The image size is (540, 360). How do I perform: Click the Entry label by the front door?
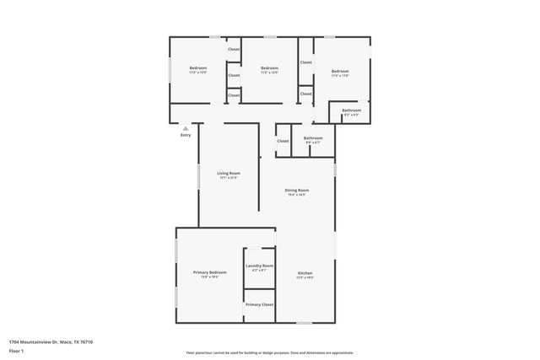[x=186, y=135]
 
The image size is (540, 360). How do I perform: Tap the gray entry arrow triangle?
[x=186, y=128]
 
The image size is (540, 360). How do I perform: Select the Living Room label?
[x=229, y=173]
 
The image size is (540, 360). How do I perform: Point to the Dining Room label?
[x=296, y=191]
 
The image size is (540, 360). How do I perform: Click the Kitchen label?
[x=305, y=273]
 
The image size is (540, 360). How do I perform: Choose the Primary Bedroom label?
[x=209, y=272]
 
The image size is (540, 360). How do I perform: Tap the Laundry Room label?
[x=259, y=266]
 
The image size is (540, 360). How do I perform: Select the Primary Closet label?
[x=259, y=304]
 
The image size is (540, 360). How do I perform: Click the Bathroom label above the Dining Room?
[x=313, y=137]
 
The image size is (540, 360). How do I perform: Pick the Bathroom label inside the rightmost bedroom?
[x=352, y=110]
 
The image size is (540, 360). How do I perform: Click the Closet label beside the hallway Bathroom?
[x=283, y=141]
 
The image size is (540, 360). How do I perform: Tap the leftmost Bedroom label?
[x=198, y=67]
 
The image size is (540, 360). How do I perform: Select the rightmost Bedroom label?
[x=340, y=71]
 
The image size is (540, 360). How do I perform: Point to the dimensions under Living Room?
[x=229, y=178]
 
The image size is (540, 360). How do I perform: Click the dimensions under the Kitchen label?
[x=305, y=278]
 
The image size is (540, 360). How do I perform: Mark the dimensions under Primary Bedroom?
[x=209, y=277]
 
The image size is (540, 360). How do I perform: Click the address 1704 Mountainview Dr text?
[x=51, y=341]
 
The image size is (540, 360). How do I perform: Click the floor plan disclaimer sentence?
[x=270, y=352]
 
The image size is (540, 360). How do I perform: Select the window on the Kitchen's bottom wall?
[x=304, y=323]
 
